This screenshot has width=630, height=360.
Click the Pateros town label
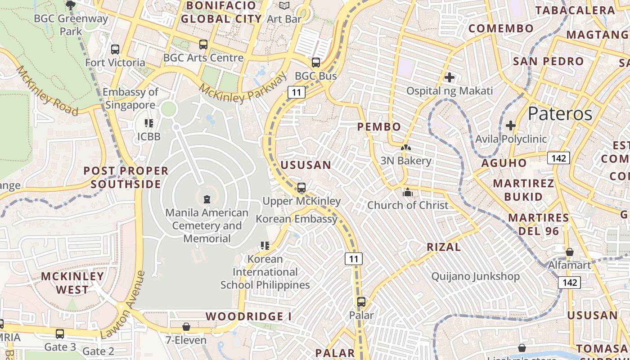click(560, 113)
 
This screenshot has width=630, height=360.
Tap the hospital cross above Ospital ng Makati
click(449, 77)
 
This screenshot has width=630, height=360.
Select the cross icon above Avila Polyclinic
click(510, 125)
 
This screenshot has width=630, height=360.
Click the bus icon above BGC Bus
click(316, 63)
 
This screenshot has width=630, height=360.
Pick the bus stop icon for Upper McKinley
click(301, 188)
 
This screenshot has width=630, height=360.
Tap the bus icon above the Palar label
click(361, 302)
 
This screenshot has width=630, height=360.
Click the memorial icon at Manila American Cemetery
click(207, 199)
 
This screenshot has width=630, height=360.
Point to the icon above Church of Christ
click(408, 192)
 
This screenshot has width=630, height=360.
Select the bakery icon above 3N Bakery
click(406, 148)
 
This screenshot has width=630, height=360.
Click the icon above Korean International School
click(265, 246)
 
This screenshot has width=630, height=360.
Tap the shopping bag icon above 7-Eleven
click(186, 327)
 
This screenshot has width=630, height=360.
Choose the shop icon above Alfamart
click(569, 252)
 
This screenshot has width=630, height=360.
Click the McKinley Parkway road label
click(243, 88)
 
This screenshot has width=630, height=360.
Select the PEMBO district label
click(379, 127)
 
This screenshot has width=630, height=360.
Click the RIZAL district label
click(444, 247)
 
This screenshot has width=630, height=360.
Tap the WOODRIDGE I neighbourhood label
click(248, 316)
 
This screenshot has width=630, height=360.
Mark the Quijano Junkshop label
click(476, 276)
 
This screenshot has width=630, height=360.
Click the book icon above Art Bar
click(284, 6)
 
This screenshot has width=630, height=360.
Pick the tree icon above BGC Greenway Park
click(70, 5)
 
